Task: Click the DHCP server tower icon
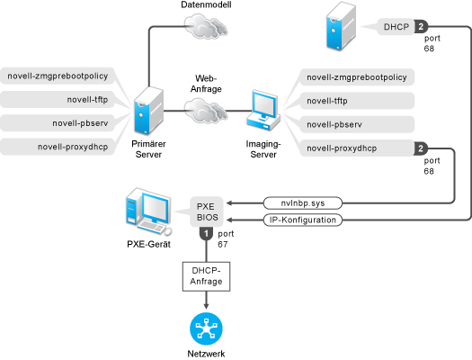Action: (341, 26)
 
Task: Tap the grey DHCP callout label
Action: (396, 27)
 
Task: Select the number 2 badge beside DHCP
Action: (421, 27)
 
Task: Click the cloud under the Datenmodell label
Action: (206, 26)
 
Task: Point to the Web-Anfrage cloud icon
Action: (206, 112)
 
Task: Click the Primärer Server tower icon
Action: (148, 111)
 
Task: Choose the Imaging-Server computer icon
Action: (263, 111)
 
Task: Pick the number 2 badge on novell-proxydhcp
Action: (421, 148)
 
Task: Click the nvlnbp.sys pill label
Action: (303, 203)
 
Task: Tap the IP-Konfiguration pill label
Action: (303, 220)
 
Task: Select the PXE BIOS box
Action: (207, 211)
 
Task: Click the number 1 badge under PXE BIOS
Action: (207, 234)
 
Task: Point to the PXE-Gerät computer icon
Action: (148, 211)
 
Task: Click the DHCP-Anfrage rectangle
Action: (206, 276)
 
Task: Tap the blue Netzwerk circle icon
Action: (206, 329)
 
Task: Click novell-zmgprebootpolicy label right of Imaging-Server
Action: (357, 77)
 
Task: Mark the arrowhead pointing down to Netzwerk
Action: (206, 306)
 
